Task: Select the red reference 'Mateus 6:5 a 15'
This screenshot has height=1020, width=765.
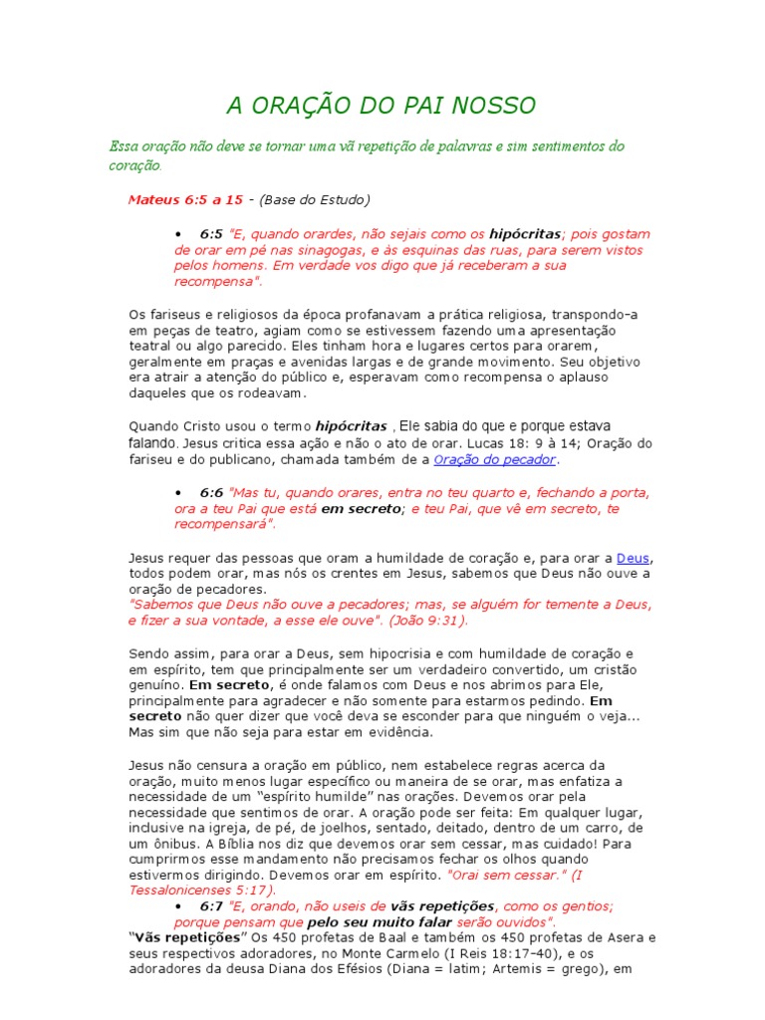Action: tap(185, 199)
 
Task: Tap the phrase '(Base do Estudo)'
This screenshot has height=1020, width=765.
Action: tap(315, 199)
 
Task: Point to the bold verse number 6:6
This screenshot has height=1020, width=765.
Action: tap(211, 493)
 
